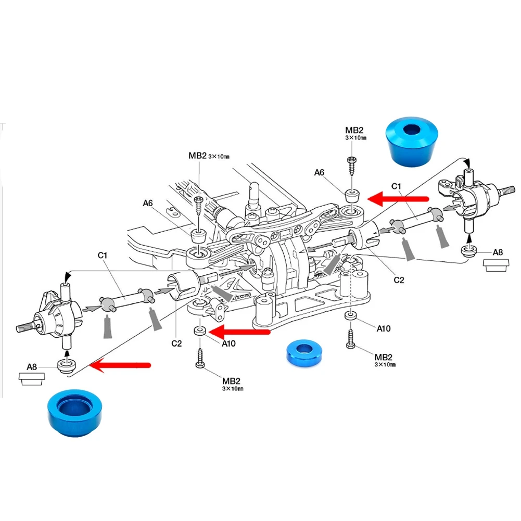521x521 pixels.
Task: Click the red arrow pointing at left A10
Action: click(x=243, y=331)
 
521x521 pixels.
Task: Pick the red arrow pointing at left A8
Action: click(x=120, y=365)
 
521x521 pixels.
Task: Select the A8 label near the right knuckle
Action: click(x=498, y=253)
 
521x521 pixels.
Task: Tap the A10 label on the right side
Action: click(x=383, y=328)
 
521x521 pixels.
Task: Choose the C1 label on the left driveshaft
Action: click(x=102, y=255)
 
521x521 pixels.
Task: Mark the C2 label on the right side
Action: click(x=399, y=280)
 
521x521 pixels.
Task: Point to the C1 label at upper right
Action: click(x=396, y=186)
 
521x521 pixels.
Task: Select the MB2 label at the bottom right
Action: click(x=384, y=357)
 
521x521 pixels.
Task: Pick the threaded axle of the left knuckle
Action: click(x=24, y=328)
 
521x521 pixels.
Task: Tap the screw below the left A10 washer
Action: click(x=200, y=359)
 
